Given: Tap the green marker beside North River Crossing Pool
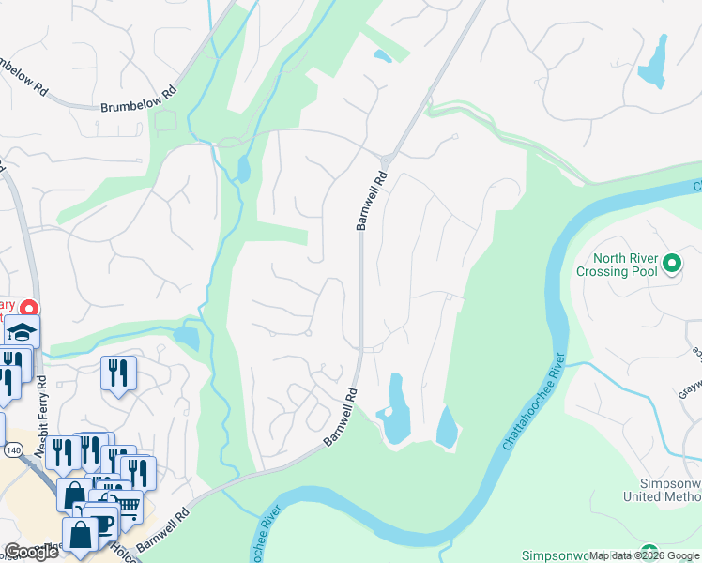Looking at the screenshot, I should tap(671, 265).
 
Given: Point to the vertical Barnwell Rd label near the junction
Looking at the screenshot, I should tap(371, 200).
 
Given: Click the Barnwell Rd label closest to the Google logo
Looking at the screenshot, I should tap(161, 531).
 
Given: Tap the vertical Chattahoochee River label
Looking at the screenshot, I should tap(534, 402).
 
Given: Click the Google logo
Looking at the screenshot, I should tap(31, 552).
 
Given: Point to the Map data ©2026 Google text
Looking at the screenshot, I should tap(644, 555).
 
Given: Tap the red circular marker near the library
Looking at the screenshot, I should tap(29, 308).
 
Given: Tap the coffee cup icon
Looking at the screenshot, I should tap(100, 521).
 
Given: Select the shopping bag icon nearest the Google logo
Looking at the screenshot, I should tap(81, 536).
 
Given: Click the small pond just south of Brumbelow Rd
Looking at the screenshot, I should tap(244, 170).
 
